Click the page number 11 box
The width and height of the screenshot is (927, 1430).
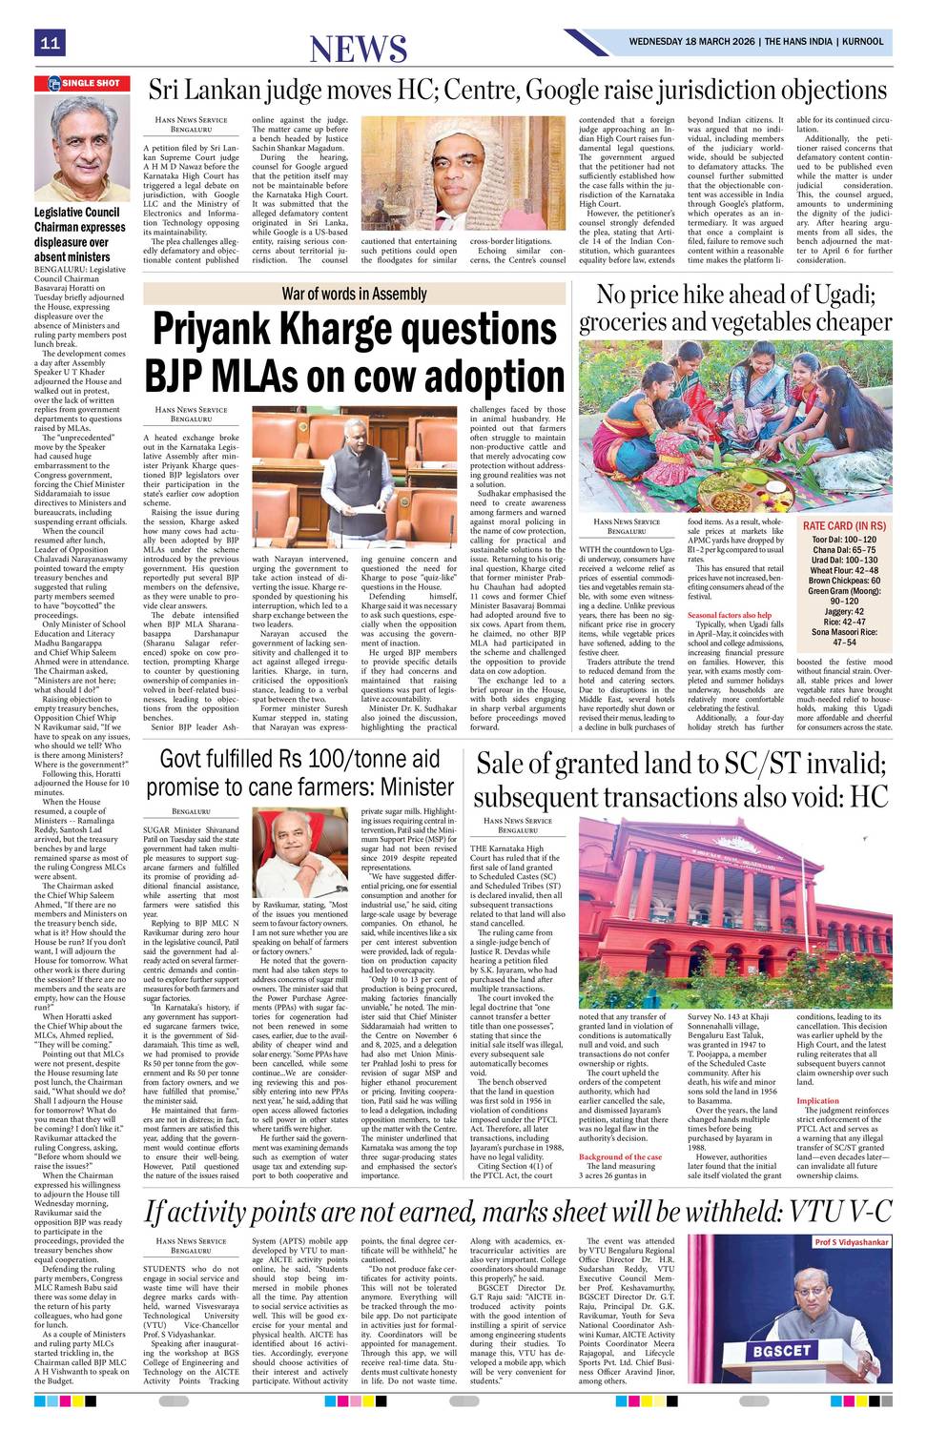[50, 43]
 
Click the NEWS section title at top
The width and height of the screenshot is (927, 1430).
[359, 48]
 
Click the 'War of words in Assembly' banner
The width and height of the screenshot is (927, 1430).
[354, 294]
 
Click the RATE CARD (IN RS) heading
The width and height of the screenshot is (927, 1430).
[844, 526]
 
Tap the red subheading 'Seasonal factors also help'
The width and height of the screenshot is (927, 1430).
[730, 615]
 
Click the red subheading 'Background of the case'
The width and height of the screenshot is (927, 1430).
[620, 1156]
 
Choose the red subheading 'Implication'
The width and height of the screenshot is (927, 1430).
[817, 1100]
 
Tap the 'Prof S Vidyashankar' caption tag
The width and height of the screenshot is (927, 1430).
[851, 1242]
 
